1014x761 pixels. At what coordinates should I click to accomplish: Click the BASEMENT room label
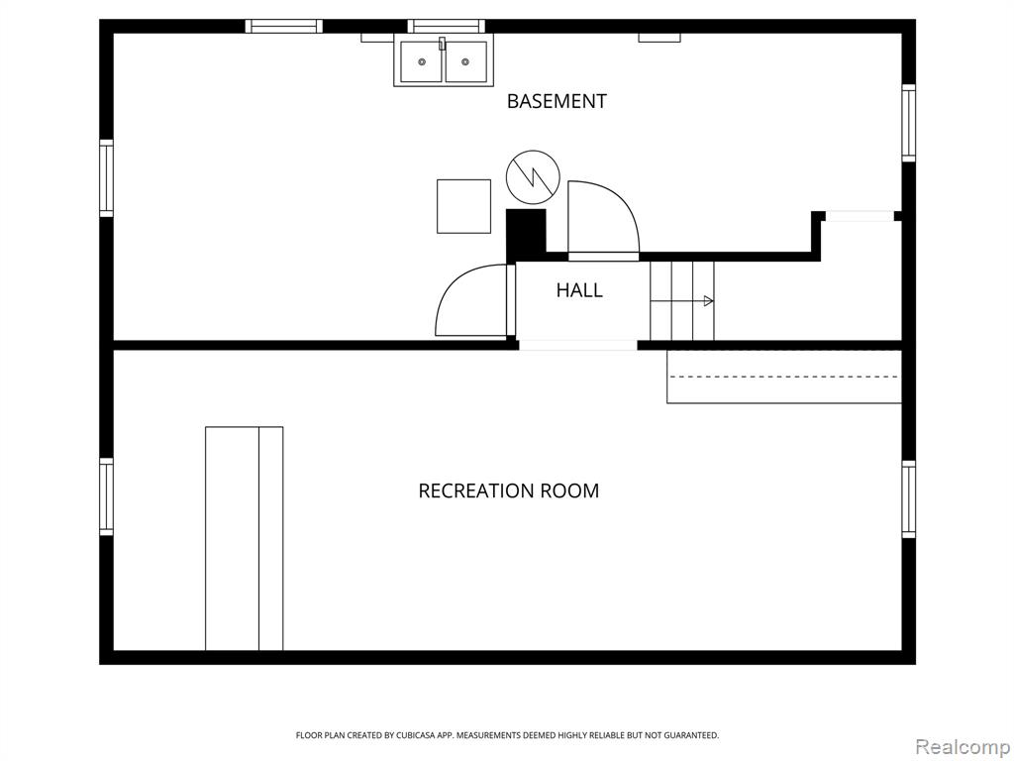point(557,101)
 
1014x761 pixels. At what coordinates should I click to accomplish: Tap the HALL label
point(579,290)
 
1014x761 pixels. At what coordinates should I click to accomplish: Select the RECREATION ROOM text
point(509,490)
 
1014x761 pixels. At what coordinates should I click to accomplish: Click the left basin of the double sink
point(422,62)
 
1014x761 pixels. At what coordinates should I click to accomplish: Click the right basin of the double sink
point(465,62)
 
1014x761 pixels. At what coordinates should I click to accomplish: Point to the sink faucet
point(443,44)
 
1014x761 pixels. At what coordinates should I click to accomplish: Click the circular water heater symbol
point(533,177)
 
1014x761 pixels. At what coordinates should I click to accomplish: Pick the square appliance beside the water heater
point(463,206)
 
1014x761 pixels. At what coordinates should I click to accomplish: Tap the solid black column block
point(526,233)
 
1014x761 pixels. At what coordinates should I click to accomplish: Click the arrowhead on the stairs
point(709,301)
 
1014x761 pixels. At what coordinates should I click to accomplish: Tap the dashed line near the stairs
point(784,377)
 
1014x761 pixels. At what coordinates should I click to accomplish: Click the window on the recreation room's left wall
point(106,497)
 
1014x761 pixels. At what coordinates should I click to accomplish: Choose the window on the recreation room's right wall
point(909,499)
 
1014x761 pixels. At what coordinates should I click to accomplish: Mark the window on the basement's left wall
point(106,178)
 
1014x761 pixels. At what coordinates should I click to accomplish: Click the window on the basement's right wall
point(909,123)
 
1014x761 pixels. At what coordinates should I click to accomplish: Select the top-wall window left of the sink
point(284,26)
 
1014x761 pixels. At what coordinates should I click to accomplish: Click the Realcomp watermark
point(963,747)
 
